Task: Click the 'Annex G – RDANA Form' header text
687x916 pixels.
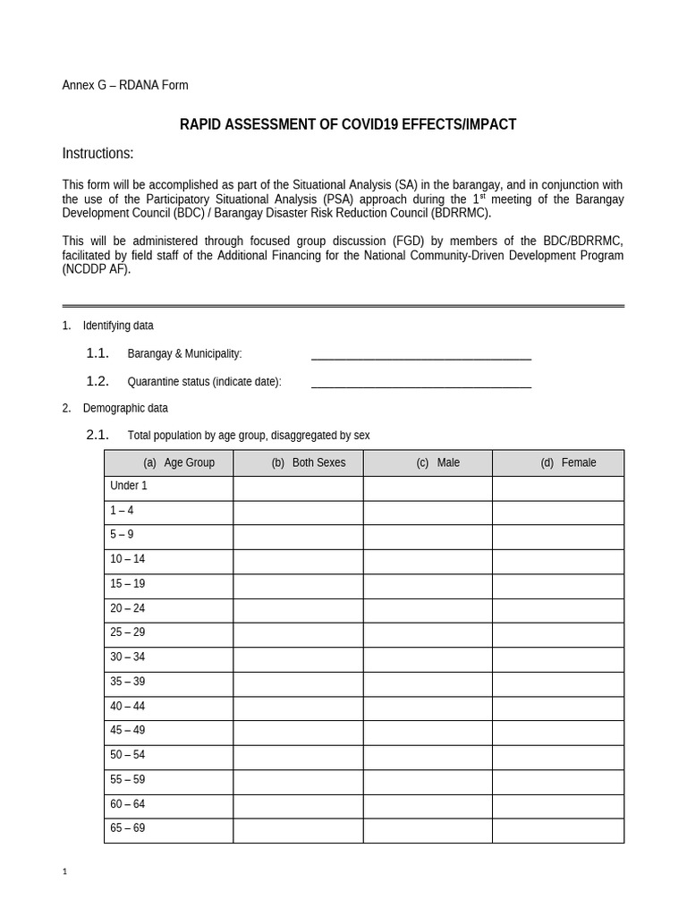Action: pyautogui.click(x=124, y=85)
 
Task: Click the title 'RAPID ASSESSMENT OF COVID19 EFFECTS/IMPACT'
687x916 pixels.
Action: pyautogui.click(x=348, y=124)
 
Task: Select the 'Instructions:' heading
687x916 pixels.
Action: pyautogui.click(x=98, y=154)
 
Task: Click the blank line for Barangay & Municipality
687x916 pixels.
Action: pyautogui.click(x=420, y=354)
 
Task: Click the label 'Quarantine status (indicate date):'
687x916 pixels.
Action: pyautogui.click(x=204, y=382)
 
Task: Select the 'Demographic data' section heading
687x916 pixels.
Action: pyautogui.click(x=125, y=408)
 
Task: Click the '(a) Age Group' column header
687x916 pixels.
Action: pyautogui.click(x=169, y=462)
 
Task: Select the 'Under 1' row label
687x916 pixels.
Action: pyautogui.click(x=129, y=486)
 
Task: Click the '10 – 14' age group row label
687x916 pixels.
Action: pyautogui.click(x=127, y=559)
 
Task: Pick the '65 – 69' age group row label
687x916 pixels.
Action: pyautogui.click(x=127, y=828)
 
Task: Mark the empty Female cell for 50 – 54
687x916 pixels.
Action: pyautogui.click(x=558, y=756)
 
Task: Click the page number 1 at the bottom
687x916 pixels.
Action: pyautogui.click(x=64, y=872)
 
